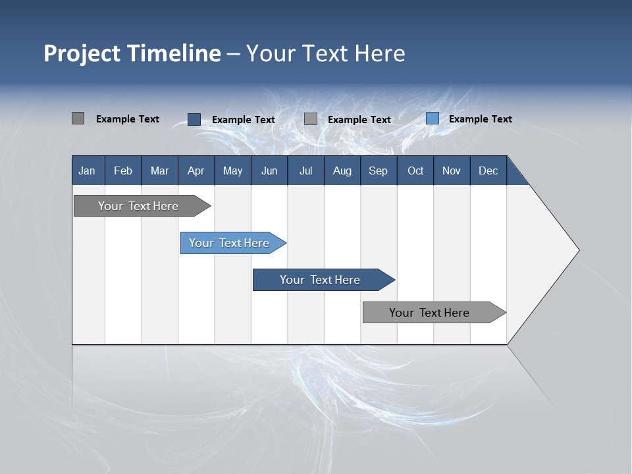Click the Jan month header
tap(87, 171)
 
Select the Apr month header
tap(196, 171)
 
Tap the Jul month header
tap(306, 171)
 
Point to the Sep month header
tap(378, 171)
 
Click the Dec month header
tap(488, 171)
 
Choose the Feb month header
tap(123, 171)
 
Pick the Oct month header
tap(415, 171)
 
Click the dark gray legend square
tap(78, 118)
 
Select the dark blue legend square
tap(194, 119)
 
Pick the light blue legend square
tap(433, 118)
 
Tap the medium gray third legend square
tap(311, 119)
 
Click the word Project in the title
tap(82, 53)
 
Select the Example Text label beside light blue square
tap(480, 119)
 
